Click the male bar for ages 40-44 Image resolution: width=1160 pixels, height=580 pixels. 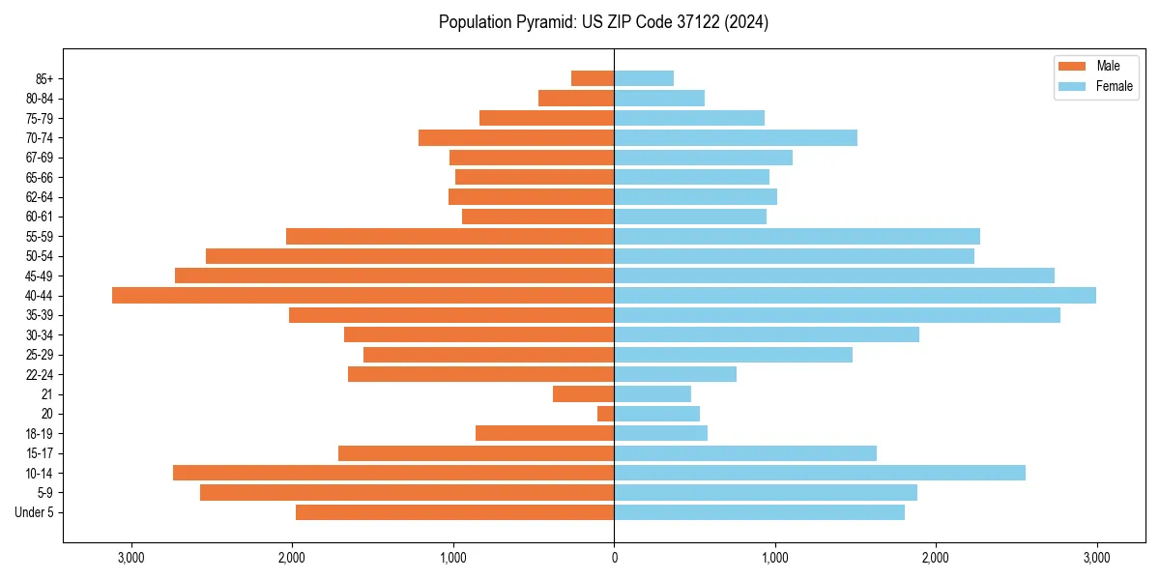[x=362, y=295]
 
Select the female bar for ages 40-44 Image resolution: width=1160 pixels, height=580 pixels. [x=855, y=295]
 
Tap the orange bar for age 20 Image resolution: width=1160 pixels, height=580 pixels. [x=606, y=414]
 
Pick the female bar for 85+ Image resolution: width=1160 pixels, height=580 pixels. [x=644, y=78]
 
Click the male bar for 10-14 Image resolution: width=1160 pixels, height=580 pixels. [x=393, y=473]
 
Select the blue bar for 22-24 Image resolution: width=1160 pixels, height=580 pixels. [x=675, y=374]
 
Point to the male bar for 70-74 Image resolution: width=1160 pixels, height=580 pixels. [x=516, y=137]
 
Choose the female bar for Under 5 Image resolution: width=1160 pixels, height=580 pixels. [x=759, y=512]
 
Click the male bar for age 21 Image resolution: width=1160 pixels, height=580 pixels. [x=584, y=393]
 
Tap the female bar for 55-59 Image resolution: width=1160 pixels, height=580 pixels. [x=797, y=236]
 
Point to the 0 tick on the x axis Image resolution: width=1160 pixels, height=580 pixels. [x=614, y=557]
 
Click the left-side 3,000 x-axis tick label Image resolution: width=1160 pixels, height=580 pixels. [x=130, y=557]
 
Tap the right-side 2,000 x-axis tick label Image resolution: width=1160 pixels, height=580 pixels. [x=935, y=557]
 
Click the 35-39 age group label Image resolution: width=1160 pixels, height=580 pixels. [x=40, y=315]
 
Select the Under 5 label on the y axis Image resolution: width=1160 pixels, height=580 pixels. [x=35, y=512]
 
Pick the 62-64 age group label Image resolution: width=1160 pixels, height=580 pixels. [x=40, y=196]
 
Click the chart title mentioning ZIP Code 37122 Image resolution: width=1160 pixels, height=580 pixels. [x=603, y=22]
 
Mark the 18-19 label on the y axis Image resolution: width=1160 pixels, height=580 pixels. [x=40, y=433]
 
